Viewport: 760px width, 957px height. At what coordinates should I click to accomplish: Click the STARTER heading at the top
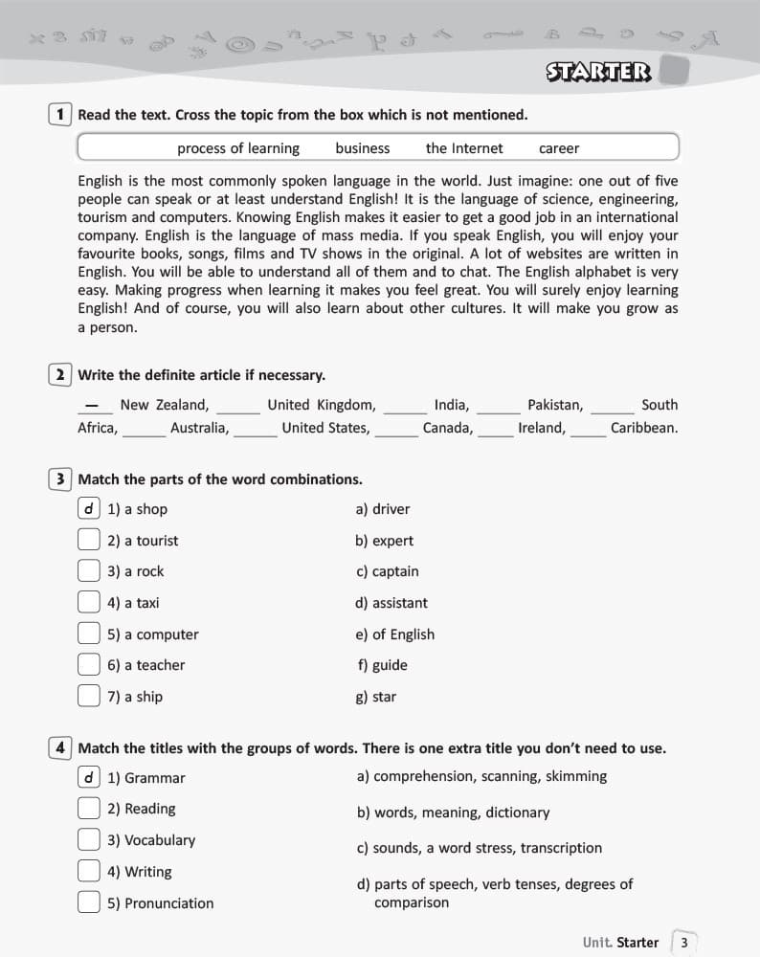(x=598, y=72)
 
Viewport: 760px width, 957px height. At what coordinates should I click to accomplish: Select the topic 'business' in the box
(x=363, y=148)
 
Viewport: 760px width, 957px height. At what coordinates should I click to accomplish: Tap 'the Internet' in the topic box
(x=464, y=148)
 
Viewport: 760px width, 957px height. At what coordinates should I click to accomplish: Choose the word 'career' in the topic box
(x=559, y=148)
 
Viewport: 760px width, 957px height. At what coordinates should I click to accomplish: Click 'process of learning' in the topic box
(x=238, y=148)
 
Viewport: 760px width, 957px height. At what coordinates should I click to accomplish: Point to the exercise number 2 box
(x=59, y=375)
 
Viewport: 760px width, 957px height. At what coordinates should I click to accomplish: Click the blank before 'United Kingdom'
(x=238, y=407)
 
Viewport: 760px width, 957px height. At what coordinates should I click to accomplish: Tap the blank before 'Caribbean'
(x=589, y=430)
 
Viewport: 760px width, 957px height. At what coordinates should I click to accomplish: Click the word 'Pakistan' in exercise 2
(x=555, y=405)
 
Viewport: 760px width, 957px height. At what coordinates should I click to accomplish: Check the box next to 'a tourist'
(x=89, y=541)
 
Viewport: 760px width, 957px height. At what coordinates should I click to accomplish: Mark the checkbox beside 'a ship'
(x=89, y=697)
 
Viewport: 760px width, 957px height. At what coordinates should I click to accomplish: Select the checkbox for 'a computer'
(x=89, y=634)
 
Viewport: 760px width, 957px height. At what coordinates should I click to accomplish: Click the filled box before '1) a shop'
(x=89, y=509)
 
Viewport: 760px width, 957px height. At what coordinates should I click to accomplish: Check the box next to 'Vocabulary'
(x=89, y=840)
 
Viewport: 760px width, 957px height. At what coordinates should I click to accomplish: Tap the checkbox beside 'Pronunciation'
(x=89, y=903)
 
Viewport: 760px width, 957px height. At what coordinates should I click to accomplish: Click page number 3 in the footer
(x=683, y=943)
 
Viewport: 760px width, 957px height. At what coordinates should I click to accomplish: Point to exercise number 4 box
(x=59, y=748)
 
